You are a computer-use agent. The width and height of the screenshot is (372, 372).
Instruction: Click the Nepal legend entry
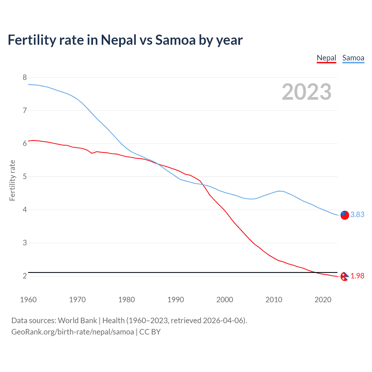(x=326, y=58)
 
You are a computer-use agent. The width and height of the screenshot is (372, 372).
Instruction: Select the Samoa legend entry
(x=353, y=58)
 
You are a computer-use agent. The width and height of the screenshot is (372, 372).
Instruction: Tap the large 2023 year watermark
(x=307, y=92)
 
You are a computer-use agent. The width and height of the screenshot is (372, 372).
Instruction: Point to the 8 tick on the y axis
(x=25, y=77)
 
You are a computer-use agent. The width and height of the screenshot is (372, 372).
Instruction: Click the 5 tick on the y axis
(x=25, y=177)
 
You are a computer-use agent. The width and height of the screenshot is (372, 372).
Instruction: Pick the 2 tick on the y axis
(x=25, y=276)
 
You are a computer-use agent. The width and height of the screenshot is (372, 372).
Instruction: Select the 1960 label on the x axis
(x=28, y=300)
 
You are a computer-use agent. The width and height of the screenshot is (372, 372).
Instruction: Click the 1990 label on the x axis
(x=176, y=300)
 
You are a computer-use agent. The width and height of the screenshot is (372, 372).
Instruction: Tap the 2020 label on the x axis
(x=323, y=300)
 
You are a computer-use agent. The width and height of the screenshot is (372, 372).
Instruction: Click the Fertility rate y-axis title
(x=12, y=180)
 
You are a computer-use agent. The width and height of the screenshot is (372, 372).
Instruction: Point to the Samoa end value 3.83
(x=357, y=214)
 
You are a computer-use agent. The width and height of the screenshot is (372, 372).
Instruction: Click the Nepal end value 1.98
(x=357, y=276)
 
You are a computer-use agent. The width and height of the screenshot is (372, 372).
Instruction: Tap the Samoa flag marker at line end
(x=345, y=215)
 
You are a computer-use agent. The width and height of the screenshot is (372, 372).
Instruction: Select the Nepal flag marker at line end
(x=344, y=277)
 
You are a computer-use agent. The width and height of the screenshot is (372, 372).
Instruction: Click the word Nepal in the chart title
(x=119, y=40)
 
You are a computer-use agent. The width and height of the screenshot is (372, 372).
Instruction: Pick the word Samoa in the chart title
(x=175, y=40)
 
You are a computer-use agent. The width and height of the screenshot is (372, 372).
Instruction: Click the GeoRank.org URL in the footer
(x=73, y=332)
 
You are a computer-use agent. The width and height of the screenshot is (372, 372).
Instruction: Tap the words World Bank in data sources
(x=77, y=321)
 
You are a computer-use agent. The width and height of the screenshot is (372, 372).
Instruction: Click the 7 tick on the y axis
(x=25, y=110)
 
